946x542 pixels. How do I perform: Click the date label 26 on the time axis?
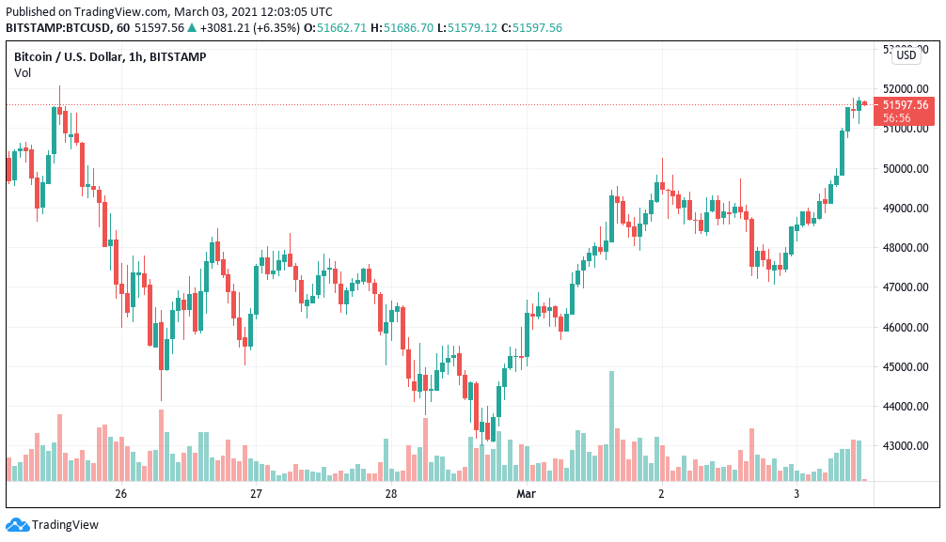click(120, 494)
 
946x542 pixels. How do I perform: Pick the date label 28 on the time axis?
click(391, 494)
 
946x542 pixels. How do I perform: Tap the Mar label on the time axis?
click(526, 494)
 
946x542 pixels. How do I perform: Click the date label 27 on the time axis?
click(256, 494)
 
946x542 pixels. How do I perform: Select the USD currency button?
click(907, 55)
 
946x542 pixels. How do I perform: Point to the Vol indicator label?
click(23, 72)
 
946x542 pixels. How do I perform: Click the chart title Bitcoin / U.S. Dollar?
click(70, 57)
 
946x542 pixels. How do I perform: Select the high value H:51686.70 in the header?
click(402, 28)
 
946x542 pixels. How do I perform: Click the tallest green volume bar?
click(611, 426)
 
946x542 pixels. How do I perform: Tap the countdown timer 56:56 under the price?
click(896, 118)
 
